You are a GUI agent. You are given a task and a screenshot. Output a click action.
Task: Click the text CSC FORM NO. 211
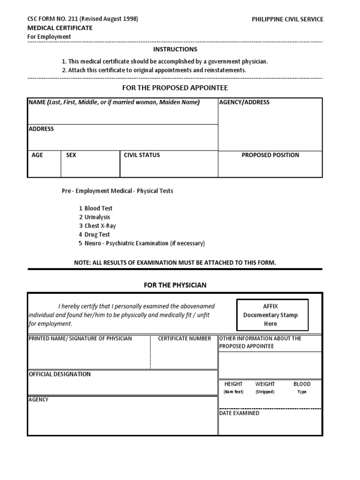tap(52, 19)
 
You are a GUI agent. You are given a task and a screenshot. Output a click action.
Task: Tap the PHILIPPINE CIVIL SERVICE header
tap(287, 19)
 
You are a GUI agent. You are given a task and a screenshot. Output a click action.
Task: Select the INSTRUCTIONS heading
tap(175, 49)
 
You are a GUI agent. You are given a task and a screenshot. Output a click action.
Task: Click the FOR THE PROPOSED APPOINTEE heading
tap(175, 88)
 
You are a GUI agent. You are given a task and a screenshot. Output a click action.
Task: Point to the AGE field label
tap(37, 155)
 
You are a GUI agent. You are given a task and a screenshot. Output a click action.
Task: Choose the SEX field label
tap(71, 155)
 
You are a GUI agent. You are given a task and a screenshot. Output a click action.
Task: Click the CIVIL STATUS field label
tap(142, 155)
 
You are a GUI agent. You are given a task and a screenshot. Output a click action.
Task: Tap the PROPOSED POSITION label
tap(270, 155)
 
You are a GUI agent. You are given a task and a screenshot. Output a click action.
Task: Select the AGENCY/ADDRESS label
tap(244, 102)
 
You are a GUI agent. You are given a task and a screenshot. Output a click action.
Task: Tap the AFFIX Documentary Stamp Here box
tap(272, 315)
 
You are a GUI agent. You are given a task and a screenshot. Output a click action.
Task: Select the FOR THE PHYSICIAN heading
tap(175, 285)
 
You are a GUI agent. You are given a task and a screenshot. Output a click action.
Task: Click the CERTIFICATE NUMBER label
tap(184, 338)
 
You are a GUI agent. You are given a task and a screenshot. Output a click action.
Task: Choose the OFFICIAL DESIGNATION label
tap(60, 375)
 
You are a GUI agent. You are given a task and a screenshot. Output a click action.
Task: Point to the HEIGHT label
tap(233, 384)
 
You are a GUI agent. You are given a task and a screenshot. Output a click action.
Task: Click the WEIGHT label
tap(265, 384)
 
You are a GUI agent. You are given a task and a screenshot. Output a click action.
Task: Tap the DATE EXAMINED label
tap(239, 413)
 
